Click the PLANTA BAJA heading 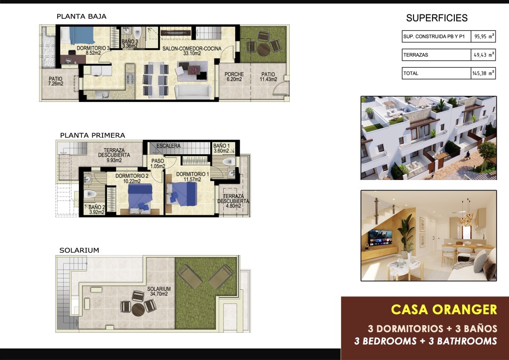click(x=82, y=16)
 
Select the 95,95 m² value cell click(x=483, y=36)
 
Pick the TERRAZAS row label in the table click(x=416, y=55)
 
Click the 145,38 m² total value click(x=483, y=73)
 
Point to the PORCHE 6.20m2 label click(x=234, y=77)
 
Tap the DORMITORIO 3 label click(x=93, y=50)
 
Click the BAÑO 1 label click(x=222, y=148)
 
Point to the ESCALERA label click(x=169, y=146)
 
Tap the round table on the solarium click(x=138, y=309)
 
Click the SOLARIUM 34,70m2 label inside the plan click(x=159, y=291)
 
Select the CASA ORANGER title click(x=444, y=309)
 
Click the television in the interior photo click(x=380, y=238)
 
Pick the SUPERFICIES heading click(x=436, y=18)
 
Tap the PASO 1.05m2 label click(x=158, y=164)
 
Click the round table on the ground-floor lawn click(x=263, y=49)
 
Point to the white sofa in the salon click(x=193, y=91)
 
